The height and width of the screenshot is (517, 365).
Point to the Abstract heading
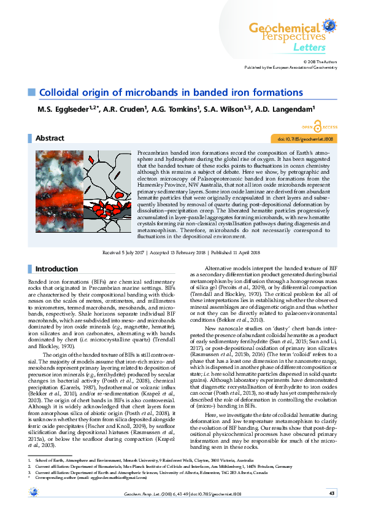(x=50, y=139)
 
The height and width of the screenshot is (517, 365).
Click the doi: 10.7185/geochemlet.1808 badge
(x=305, y=139)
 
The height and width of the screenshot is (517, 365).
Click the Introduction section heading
(x=56, y=269)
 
